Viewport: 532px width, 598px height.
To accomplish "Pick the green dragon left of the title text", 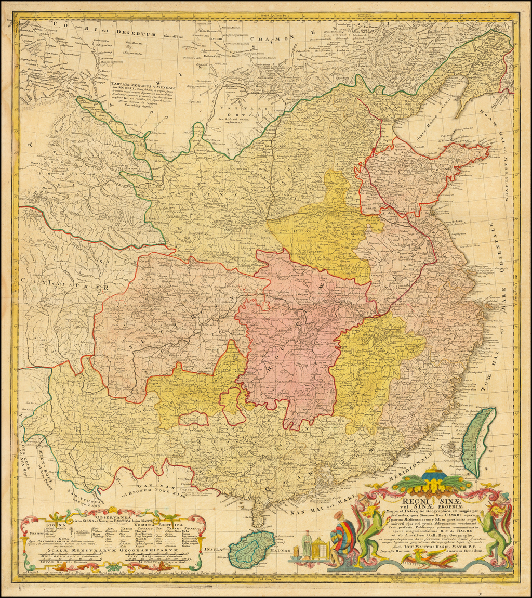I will click(373, 530).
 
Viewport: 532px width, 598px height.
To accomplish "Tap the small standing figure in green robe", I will click(307, 544).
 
